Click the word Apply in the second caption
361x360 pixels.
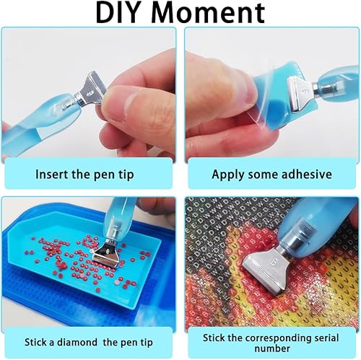227,174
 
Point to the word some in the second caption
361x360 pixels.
261,174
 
